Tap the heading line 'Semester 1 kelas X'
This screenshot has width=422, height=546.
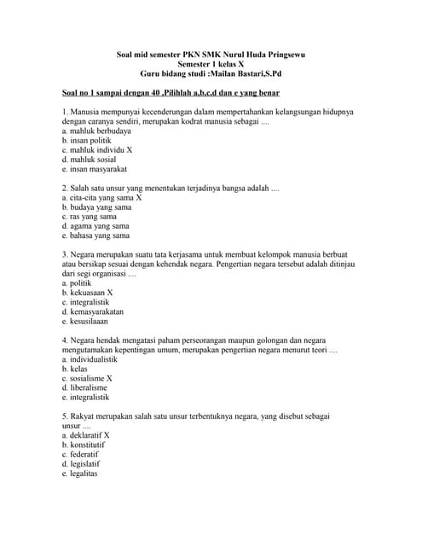[211, 65]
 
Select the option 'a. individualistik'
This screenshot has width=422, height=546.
[90, 359]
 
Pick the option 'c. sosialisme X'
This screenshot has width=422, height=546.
[87, 378]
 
